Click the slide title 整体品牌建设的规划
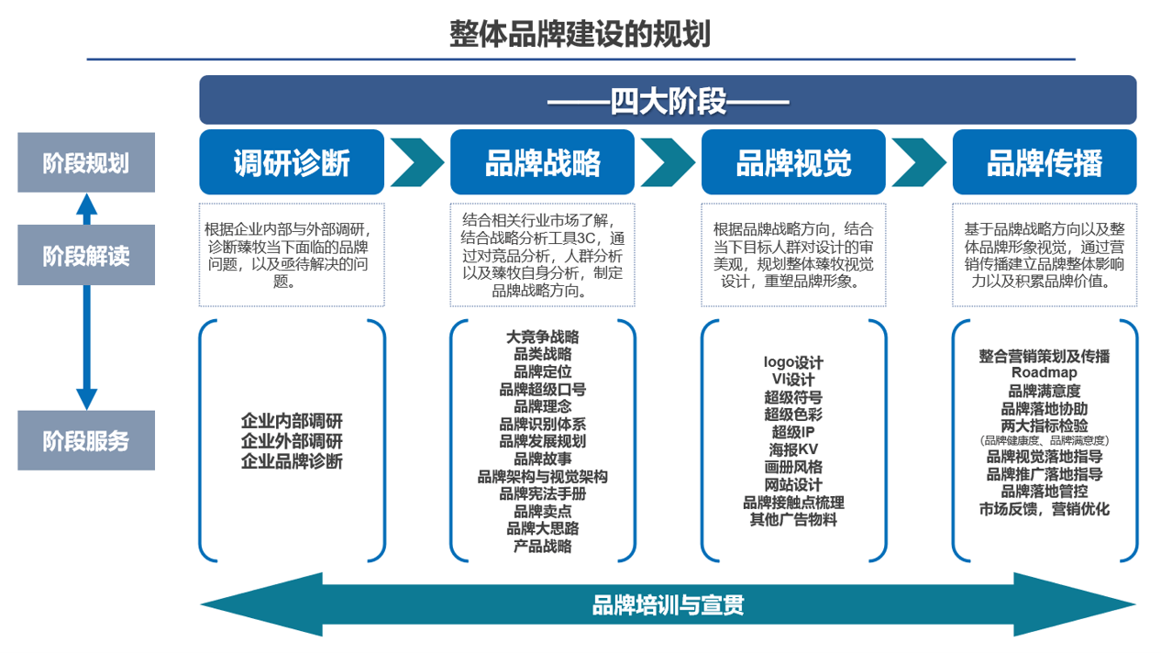click(x=580, y=34)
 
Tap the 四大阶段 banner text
click(x=668, y=101)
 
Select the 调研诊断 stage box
click(x=292, y=162)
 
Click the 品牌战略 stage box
click(x=542, y=162)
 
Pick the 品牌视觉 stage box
click(x=793, y=162)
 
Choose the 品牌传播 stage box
click(x=1044, y=162)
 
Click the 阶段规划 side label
click(x=86, y=163)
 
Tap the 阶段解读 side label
click(x=86, y=255)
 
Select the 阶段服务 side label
click(x=86, y=441)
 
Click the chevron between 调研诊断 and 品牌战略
click(x=417, y=162)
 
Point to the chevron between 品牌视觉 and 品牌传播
click(x=919, y=162)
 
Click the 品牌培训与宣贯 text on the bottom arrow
click(x=668, y=604)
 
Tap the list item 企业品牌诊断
click(x=292, y=461)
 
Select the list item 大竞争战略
click(x=542, y=337)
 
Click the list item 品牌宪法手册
click(x=542, y=493)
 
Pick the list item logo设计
click(x=793, y=362)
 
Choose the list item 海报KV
click(x=793, y=449)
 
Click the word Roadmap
click(x=1044, y=372)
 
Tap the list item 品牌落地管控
click(x=1044, y=492)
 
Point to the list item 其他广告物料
click(x=793, y=520)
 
